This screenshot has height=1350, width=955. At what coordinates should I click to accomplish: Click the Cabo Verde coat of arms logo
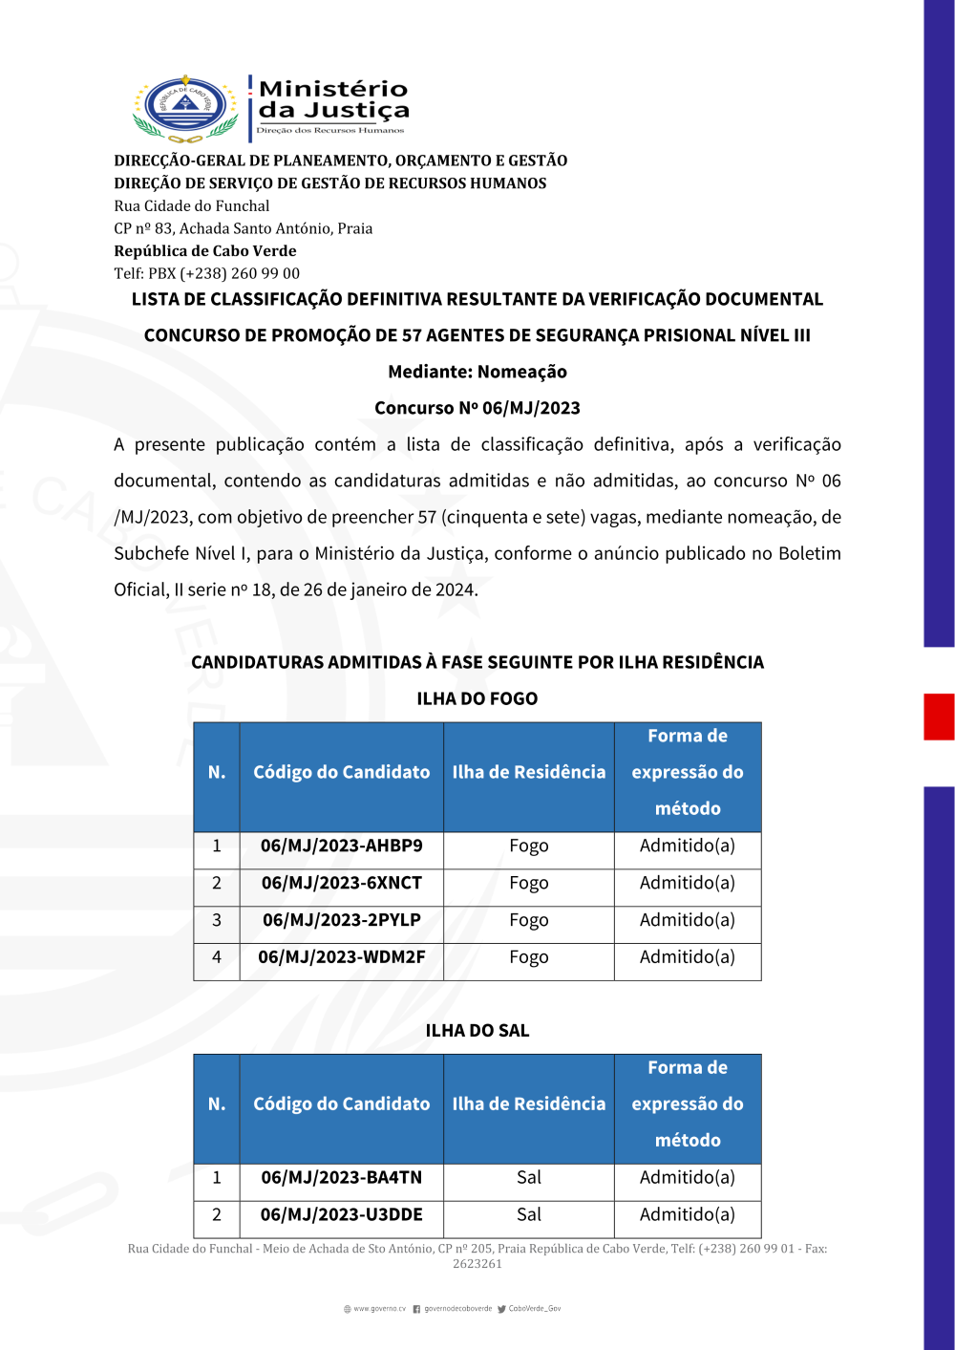point(185,107)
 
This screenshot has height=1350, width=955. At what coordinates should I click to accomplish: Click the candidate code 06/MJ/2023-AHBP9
point(341,846)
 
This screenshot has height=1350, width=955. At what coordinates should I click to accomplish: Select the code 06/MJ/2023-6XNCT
point(341,883)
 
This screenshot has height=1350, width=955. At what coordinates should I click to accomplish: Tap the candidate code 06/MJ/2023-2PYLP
point(341,920)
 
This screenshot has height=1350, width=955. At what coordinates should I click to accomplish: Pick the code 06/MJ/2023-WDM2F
point(341,957)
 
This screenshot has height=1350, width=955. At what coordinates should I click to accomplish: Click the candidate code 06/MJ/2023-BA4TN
point(341,1178)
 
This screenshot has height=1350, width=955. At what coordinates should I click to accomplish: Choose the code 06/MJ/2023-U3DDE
point(341,1215)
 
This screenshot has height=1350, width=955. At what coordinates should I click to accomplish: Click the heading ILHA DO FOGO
point(477,698)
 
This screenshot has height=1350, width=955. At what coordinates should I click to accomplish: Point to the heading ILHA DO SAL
point(477,1031)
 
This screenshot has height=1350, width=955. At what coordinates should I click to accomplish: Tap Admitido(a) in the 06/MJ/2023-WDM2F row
point(687,957)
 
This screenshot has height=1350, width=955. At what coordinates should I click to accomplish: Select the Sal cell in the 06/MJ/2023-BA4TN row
point(528,1178)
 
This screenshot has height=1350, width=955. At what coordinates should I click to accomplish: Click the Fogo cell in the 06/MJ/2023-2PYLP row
point(528,920)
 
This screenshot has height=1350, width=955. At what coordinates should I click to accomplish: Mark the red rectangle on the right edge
point(939,717)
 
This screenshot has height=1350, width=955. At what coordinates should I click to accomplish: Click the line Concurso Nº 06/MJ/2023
point(477,408)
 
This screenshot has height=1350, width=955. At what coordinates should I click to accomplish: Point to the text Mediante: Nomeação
point(477,372)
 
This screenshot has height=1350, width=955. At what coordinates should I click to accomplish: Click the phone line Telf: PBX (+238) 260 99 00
point(206,273)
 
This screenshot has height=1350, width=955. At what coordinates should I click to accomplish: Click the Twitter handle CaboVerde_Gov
point(534,1309)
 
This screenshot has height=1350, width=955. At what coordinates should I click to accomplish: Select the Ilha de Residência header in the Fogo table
point(528,772)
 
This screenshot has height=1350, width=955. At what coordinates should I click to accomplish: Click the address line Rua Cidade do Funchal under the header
point(192,205)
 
